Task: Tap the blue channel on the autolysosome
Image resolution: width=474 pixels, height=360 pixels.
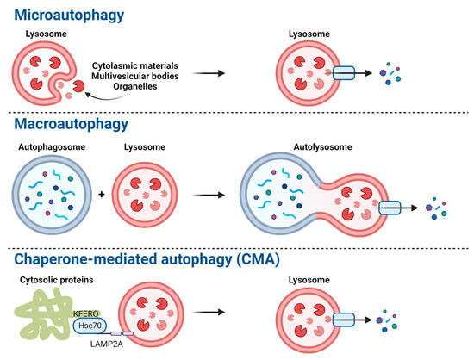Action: pyautogui.click(x=390, y=208)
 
